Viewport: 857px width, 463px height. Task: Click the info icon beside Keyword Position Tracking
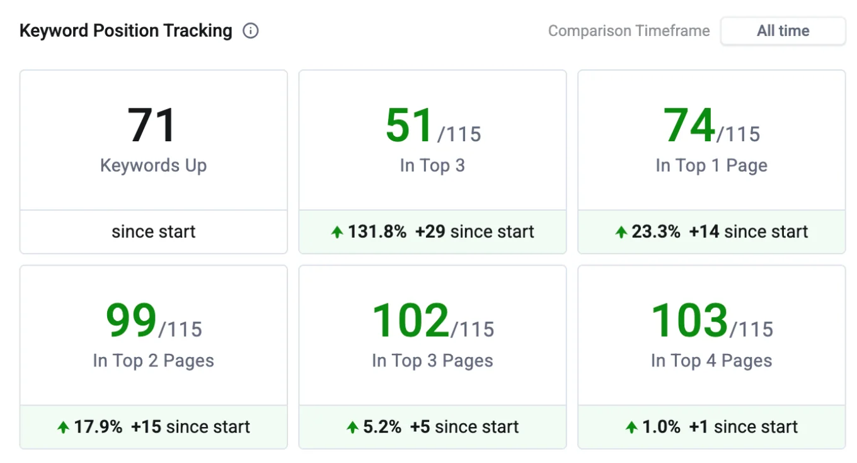point(251,31)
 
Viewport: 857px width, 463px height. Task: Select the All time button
point(783,31)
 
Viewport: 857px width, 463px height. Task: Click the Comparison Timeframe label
point(628,31)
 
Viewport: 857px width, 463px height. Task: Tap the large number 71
point(152,126)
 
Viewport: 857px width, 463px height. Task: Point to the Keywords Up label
point(153,165)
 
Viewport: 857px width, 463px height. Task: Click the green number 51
point(410,126)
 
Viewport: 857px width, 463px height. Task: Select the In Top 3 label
point(432,165)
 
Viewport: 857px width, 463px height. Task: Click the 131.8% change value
point(377,232)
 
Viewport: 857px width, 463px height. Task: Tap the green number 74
point(689,126)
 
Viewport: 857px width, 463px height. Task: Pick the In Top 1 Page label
point(711,165)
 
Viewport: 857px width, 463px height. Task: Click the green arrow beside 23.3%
point(621,232)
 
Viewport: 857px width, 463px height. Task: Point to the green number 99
point(131,320)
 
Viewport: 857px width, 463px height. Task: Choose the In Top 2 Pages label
point(153,361)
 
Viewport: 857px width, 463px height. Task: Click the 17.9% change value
point(98,427)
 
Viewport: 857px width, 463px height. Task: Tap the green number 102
point(410,320)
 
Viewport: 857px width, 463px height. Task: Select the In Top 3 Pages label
point(432,361)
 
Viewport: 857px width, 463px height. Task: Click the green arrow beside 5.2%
point(353,428)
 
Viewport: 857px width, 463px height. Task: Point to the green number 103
point(689,320)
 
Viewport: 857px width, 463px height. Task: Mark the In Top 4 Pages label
point(711,361)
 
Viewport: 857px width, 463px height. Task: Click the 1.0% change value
point(661,427)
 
